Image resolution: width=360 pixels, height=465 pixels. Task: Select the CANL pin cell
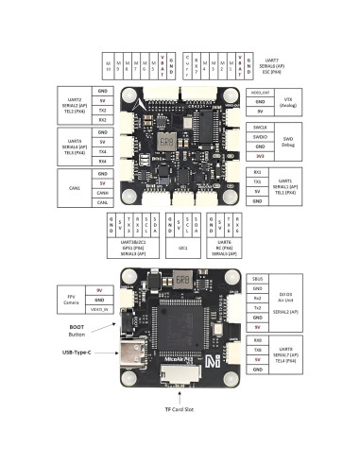coord(103,202)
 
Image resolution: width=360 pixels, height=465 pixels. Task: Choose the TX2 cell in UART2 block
coord(103,111)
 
